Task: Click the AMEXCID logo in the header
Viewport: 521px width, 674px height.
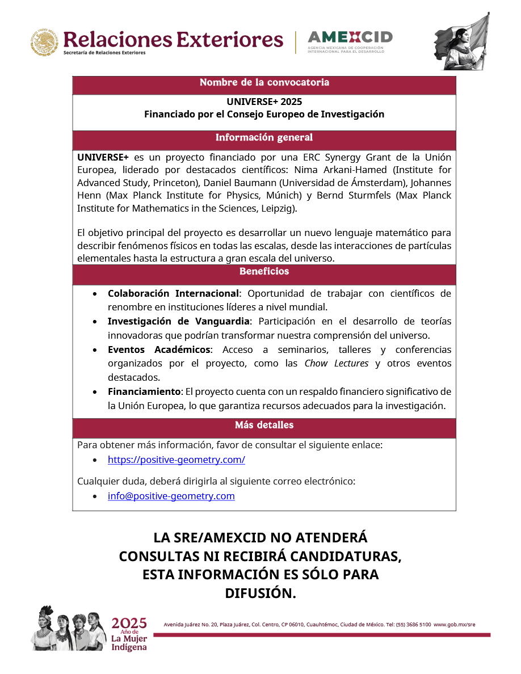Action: coord(350,41)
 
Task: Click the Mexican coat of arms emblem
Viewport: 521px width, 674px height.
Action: coord(44,42)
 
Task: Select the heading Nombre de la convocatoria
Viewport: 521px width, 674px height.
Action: coord(264,83)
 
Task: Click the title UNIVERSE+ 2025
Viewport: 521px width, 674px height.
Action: coord(264,102)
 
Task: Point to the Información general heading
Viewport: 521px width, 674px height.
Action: coord(264,138)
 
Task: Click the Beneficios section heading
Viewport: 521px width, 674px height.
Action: coord(264,272)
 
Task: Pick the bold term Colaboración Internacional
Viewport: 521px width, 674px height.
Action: coord(173,294)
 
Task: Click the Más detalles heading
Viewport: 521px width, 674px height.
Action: coord(264,425)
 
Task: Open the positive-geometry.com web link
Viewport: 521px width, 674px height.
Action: coord(177,460)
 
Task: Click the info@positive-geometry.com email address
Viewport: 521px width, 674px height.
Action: coord(171,496)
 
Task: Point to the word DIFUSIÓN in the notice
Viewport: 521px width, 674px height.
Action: coord(260,593)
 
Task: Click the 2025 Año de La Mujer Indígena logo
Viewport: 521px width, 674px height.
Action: coord(129,634)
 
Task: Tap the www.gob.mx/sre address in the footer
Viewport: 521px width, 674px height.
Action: coord(455,625)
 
